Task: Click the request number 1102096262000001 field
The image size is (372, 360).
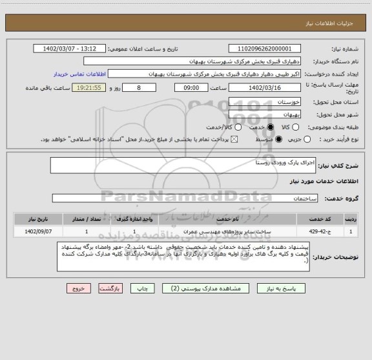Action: (265, 48)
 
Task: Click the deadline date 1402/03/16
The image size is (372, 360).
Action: (265, 87)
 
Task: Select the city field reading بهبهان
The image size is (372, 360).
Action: (265, 114)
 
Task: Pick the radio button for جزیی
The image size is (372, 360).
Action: (307, 139)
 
